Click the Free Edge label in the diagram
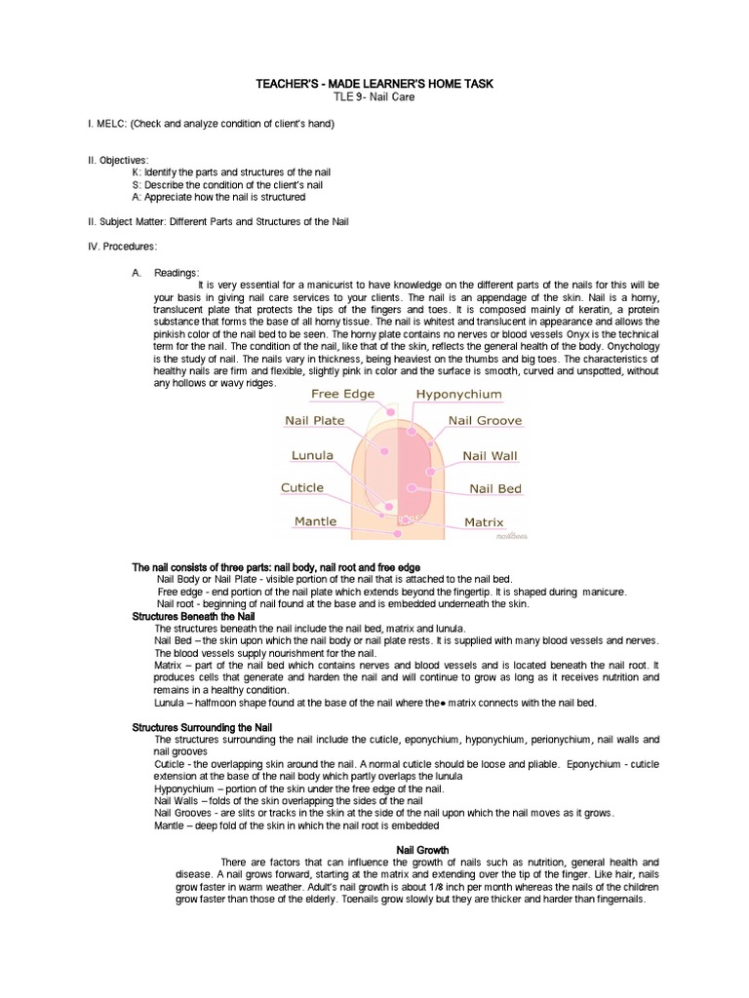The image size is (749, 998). [342, 394]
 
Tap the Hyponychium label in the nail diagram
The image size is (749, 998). [458, 394]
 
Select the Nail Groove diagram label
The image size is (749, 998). [485, 421]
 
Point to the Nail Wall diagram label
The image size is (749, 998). [490, 455]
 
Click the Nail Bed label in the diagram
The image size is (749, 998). [494, 488]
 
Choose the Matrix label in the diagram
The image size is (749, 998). [484, 522]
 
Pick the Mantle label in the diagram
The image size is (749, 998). [315, 521]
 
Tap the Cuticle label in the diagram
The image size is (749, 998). [302, 487]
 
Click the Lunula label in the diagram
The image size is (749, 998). [312, 455]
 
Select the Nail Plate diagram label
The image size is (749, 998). [314, 421]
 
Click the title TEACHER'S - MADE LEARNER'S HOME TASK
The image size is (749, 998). [374, 85]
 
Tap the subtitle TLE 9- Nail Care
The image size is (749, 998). [374, 98]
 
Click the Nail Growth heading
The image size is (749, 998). [421, 850]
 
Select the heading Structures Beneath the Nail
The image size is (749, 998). [193, 617]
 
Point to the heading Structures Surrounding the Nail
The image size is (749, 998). [202, 727]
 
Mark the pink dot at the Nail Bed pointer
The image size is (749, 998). [413, 486]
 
